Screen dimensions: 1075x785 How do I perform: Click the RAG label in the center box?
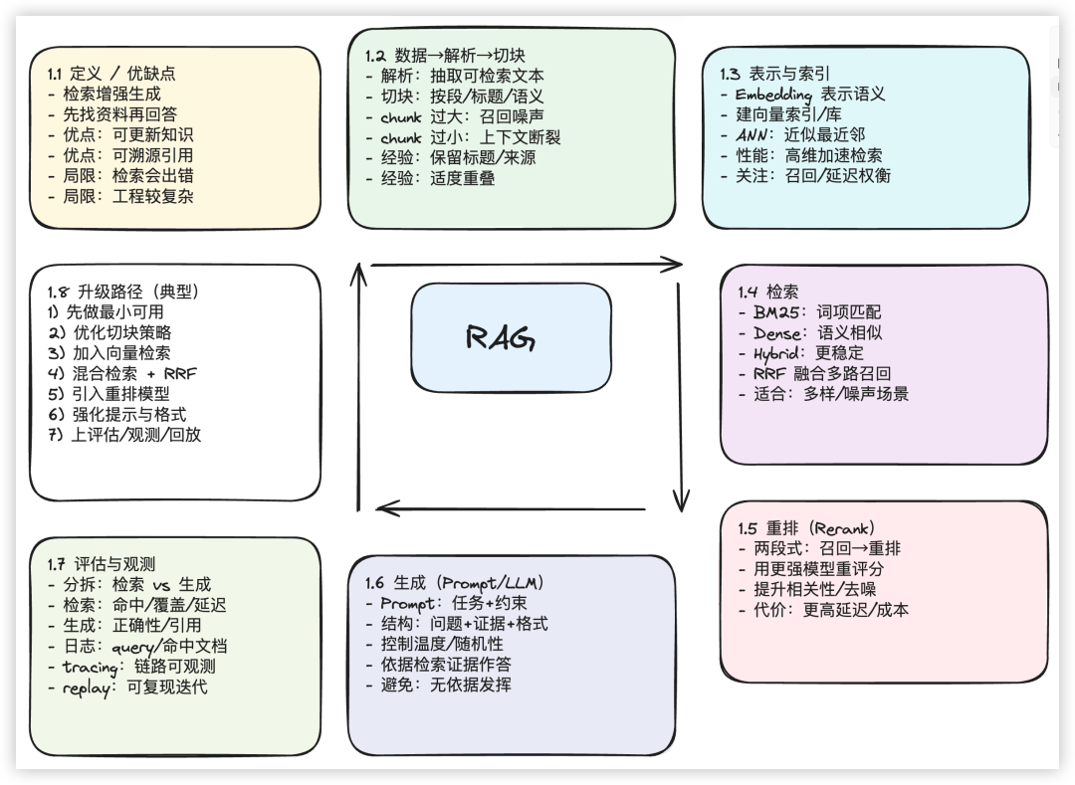(x=501, y=338)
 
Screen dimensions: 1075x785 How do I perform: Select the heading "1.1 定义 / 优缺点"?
(x=111, y=74)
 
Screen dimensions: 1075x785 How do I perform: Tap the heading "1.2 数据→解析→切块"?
(x=445, y=56)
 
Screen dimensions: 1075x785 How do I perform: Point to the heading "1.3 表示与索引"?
(x=775, y=74)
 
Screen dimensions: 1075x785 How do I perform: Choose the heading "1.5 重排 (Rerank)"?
(x=806, y=528)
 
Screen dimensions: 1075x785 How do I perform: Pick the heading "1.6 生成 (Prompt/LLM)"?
(x=454, y=583)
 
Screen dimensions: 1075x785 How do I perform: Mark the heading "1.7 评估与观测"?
(x=102, y=564)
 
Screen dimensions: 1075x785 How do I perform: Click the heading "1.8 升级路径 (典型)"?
(x=123, y=292)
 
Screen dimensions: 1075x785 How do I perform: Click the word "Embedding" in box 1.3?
(x=773, y=95)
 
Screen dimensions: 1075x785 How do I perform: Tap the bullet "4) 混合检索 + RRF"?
(x=121, y=373)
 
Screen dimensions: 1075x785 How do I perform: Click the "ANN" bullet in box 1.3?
(x=754, y=134)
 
